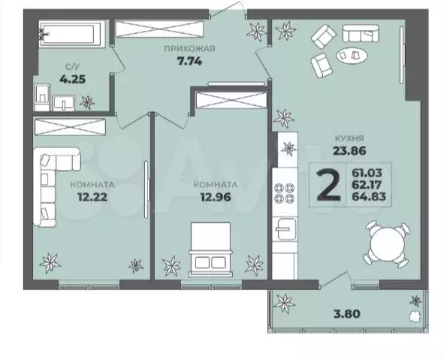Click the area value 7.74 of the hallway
[x=189, y=61]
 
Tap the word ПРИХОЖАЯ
[x=189, y=49]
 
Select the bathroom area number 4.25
[x=72, y=80]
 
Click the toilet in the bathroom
[x=42, y=97]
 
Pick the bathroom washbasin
[x=64, y=103]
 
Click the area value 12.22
[x=92, y=197]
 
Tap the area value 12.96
[x=216, y=197]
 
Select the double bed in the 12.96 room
[x=210, y=250]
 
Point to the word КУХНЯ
[x=349, y=138]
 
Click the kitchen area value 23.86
[x=349, y=150]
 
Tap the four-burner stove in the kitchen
[x=285, y=193]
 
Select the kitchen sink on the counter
[x=286, y=229]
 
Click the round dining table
[x=388, y=244]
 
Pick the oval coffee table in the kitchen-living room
[x=352, y=55]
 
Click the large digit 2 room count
[x=328, y=185]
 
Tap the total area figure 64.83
[x=369, y=196]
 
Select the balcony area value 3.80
[x=348, y=313]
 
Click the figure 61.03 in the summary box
[x=367, y=173]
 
